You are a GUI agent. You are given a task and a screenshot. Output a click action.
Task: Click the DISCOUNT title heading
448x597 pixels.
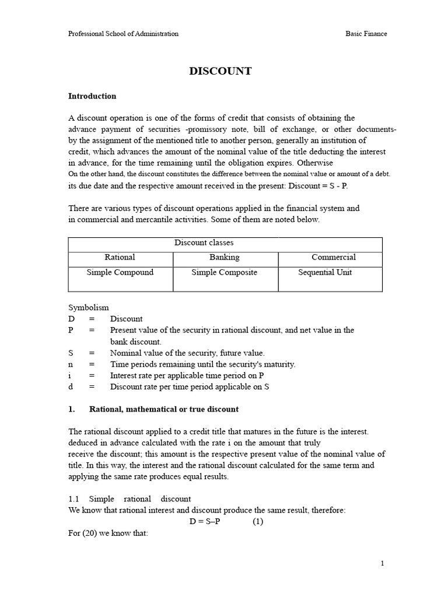[x=220, y=71]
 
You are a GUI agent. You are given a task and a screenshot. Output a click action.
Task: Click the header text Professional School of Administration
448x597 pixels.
[x=123, y=34]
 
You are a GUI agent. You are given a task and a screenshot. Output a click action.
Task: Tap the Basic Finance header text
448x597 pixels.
[x=366, y=34]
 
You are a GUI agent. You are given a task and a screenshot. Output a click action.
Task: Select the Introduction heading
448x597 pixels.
[x=92, y=96]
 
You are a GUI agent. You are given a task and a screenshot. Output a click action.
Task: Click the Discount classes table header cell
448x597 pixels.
[x=204, y=243]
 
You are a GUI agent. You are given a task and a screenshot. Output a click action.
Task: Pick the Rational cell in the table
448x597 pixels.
[x=120, y=257]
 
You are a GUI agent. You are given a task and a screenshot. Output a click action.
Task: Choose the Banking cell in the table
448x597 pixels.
[x=225, y=257]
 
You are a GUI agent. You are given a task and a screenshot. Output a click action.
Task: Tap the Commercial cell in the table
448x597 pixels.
[x=334, y=257]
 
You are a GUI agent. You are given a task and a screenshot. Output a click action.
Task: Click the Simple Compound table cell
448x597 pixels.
[x=120, y=272]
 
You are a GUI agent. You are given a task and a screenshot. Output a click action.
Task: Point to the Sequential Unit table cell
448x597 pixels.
[x=325, y=272]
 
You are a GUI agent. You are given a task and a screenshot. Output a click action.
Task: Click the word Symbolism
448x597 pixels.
[x=89, y=307]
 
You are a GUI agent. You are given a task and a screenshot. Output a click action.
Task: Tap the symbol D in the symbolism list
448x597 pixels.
[x=72, y=319]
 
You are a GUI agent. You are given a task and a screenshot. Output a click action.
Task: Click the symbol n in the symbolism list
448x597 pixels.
[x=71, y=364]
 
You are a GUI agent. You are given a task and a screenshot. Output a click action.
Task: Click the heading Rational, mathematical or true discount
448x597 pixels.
[x=164, y=409]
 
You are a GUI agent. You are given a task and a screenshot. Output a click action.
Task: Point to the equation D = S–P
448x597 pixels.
[x=205, y=522]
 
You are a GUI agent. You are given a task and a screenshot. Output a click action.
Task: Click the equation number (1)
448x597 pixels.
[x=258, y=522]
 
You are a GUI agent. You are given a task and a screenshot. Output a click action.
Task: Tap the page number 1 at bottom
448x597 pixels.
[x=382, y=563]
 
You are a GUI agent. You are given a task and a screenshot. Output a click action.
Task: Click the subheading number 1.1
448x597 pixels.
[x=74, y=499]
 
